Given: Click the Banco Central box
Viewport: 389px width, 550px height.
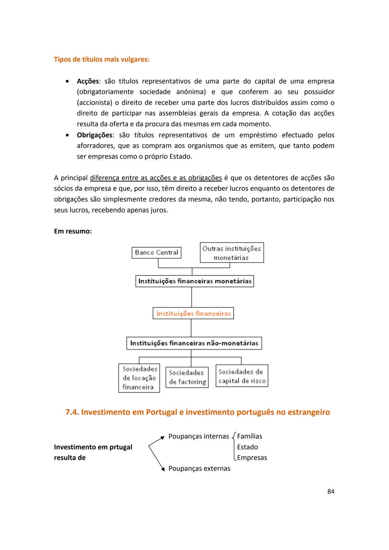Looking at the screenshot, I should click(x=156, y=252).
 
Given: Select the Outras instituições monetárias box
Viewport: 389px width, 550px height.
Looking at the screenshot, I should click(x=232, y=253).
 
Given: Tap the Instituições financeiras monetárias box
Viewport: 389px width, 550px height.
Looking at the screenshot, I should click(x=194, y=281).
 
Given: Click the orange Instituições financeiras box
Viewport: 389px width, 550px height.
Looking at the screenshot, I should click(x=193, y=313).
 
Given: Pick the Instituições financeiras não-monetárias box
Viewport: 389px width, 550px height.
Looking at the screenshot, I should click(x=194, y=343).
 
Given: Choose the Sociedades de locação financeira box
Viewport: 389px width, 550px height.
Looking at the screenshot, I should click(x=139, y=378).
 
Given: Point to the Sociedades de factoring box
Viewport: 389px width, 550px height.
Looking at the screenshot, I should click(x=187, y=377).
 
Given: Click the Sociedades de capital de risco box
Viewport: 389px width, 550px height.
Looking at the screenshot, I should click(x=242, y=376).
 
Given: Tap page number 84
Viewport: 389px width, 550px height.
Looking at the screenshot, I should click(x=331, y=491).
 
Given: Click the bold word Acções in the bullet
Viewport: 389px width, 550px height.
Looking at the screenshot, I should click(x=88, y=81).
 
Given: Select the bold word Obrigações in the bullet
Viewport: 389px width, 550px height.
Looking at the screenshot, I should click(x=94, y=135).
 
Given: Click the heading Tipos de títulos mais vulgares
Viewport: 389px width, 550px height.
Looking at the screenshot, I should click(x=102, y=59).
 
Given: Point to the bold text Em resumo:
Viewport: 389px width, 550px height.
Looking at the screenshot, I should click(x=73, y=231).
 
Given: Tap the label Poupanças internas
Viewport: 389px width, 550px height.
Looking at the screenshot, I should click(x=198, y=436).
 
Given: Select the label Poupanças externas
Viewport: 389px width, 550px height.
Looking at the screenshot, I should click(x=199, y=469).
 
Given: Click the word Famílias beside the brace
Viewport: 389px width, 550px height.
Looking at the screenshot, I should click(x=249, y=436).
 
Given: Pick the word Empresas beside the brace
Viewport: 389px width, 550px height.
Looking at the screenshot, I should click(x=252, y=458).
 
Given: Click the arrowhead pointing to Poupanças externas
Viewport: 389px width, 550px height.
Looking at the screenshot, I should click(x=163, y=469).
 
